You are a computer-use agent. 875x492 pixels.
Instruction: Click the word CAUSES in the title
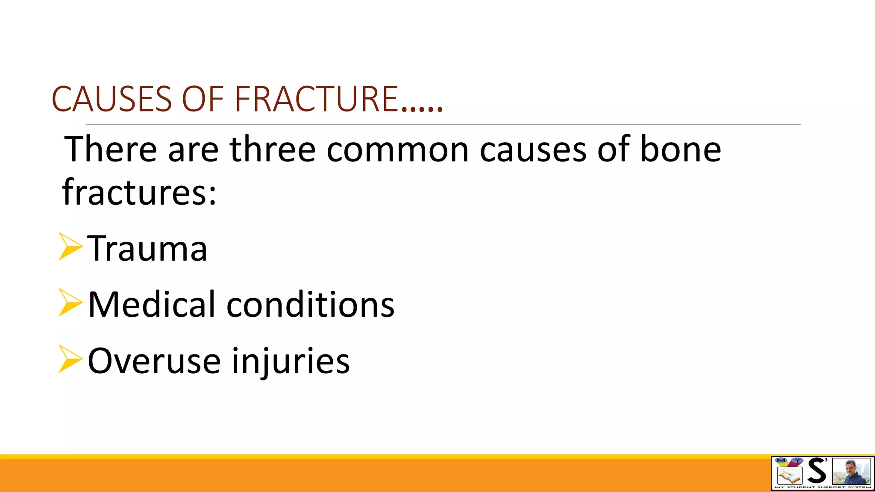(x=112, y=99)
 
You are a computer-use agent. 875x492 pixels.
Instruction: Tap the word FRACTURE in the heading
(x=317, y=99)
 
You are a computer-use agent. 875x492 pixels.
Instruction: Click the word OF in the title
(x=203, y=99)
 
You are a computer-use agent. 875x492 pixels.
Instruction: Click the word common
(x=397, y=149)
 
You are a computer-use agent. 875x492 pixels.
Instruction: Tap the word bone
(x=680, y=149)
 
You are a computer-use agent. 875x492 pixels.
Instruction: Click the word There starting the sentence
(x=111, y=149)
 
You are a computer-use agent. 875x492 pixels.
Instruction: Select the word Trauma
(x=147, y=249)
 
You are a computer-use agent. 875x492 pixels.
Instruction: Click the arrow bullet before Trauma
(x=70, y=246)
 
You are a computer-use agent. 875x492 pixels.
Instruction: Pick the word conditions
(x=311, y=305)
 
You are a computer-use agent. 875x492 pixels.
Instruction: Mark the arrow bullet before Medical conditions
(x=70, y=303)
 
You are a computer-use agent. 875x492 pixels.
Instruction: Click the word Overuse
(x=154, y=361)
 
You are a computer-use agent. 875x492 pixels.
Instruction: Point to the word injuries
(x=291, y=361)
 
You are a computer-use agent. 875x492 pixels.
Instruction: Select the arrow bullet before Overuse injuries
(x=70, y=359)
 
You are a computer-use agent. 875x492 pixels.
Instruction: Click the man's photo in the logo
(x=851, y=472)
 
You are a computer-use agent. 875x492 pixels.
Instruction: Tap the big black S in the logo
(x=816, y=471)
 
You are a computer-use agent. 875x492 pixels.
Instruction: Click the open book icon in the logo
(x=789, y=476)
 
